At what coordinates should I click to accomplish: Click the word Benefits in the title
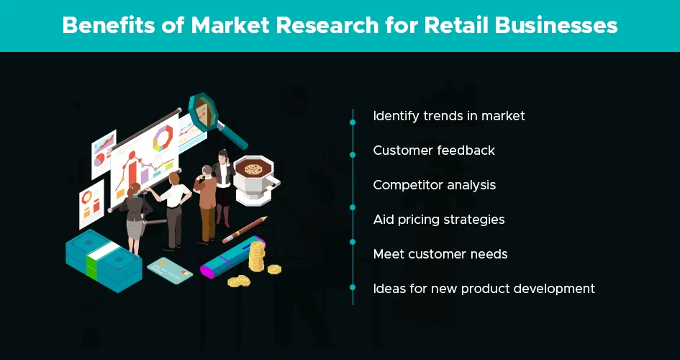[x=107, y=25]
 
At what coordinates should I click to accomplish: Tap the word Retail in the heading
[x=455, y=25]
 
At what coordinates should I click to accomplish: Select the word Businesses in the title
[x=556, y=25]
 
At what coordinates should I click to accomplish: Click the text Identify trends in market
[x=449, y=116]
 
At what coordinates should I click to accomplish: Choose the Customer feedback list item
[x=434, y=150]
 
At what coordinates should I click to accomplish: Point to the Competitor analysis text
[x=434, y=185]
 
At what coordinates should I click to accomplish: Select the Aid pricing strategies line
[x=439, y=220]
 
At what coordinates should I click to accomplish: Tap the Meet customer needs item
[x=440, y=254]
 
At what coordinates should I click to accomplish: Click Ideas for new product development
[x=484, y=289]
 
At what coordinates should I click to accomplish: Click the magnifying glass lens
[x=203, y=111]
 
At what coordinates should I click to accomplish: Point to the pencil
[x=245, y=230]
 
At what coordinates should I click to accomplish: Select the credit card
[x=170, y=270]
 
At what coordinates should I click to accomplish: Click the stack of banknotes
[x=104, y=260]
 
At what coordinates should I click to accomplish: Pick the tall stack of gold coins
[x=257, y=256]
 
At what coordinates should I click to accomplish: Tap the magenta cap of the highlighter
[x=208, y=271]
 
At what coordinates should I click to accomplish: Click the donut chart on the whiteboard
[x=163, y=139]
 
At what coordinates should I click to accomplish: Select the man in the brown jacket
[x=206, y=204]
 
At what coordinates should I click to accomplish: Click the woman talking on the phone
[x=223, y=187]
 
